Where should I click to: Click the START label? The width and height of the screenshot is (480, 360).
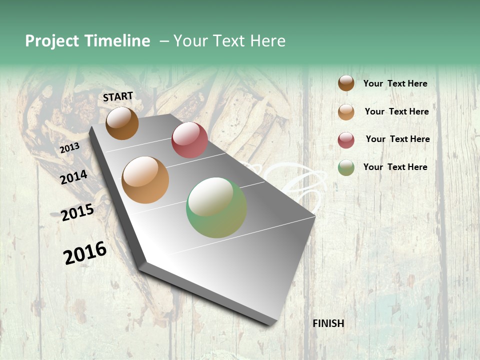click(x=118, y=96)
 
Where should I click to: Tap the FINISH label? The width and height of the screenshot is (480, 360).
click(x=328, y=323)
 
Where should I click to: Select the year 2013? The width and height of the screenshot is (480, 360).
click(x=70, y=148)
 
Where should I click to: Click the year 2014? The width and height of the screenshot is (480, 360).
click(x=74, y=177)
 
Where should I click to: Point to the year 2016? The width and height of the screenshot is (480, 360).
click(x=85, y=253)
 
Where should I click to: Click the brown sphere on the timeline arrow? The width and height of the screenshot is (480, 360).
click(x=122, y=123)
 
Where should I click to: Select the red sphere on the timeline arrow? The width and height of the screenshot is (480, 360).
click(x=189, y=140)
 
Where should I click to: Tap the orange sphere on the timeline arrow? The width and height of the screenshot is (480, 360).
click(x=145, y=180)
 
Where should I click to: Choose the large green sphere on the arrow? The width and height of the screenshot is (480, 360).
click(x=216, y=208)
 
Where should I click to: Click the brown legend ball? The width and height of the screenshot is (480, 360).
click(x=346, y=83)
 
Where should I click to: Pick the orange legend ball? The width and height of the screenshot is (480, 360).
click(x=346, y=111)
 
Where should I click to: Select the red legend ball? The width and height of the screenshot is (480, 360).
click(x=346, y=139)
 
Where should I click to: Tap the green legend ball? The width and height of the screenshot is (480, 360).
click(x=346, y=167)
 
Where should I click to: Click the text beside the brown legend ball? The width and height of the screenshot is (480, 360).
click(x=395, y=84)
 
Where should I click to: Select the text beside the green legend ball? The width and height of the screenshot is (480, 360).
click(x=395, y=167)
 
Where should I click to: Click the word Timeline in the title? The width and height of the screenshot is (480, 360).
click(x=117, y=41)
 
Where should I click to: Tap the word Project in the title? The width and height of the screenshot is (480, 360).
click(x=52, y=41)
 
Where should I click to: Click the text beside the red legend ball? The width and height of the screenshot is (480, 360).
click(x=397, y=139)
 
